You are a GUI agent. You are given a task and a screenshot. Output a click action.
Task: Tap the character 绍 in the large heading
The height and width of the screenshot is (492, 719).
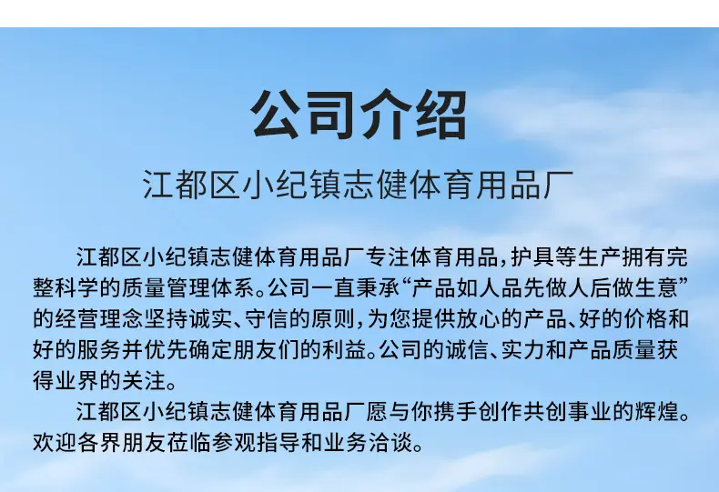(x=441, y=115)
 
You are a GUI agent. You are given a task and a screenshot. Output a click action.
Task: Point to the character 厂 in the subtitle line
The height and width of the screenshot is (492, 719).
(x=559, y=185)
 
